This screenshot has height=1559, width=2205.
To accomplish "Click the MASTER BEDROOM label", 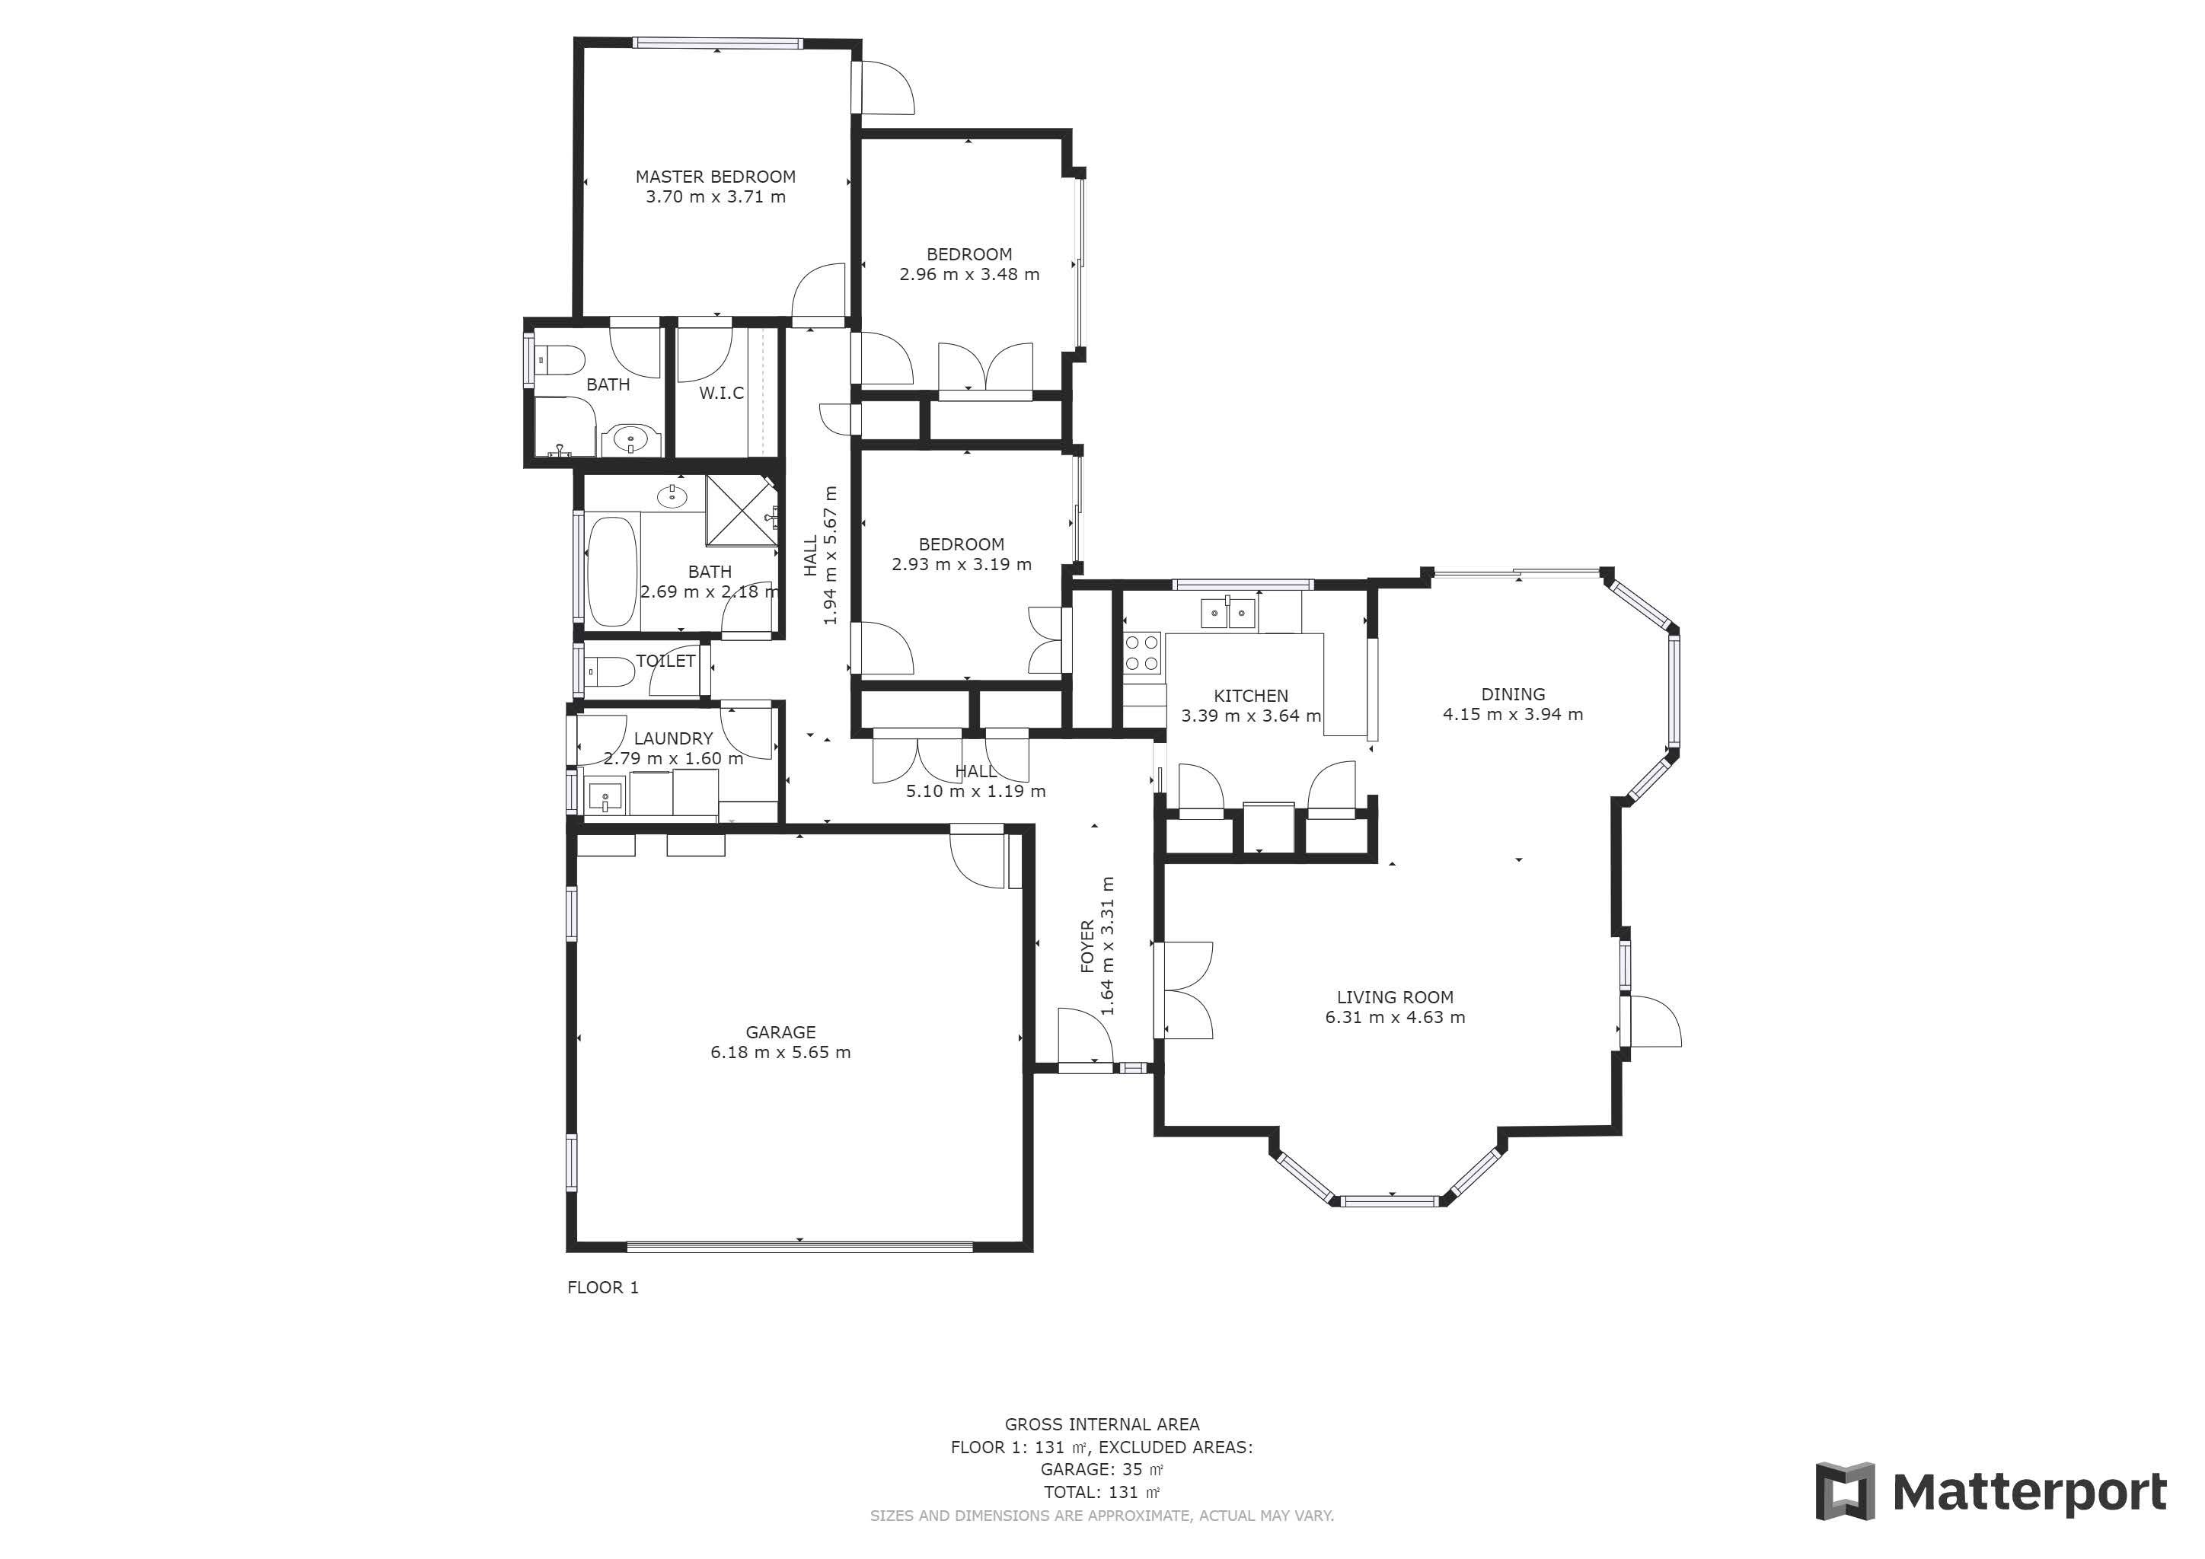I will (x=716, y=177).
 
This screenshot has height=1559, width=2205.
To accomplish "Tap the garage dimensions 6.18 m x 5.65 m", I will (x=780, y=1052).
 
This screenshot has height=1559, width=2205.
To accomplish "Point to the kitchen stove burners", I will (x=1143, y=653).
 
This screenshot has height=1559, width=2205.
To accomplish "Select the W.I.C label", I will (x=721, y=393).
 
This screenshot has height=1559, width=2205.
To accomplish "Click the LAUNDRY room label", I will (x=673, y=738).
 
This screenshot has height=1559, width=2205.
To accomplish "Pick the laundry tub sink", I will (x=605, y=795).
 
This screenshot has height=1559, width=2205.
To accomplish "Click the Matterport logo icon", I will (x=1844, y=1492).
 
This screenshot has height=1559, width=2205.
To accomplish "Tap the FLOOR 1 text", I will (x=602, y=1287).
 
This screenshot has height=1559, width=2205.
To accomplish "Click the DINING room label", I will (x=1513, y=694).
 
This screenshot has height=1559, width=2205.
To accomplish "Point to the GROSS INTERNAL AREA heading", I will (x=1102, y=1424).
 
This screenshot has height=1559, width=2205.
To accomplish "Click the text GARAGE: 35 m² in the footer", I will (x=1102, y=1470).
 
